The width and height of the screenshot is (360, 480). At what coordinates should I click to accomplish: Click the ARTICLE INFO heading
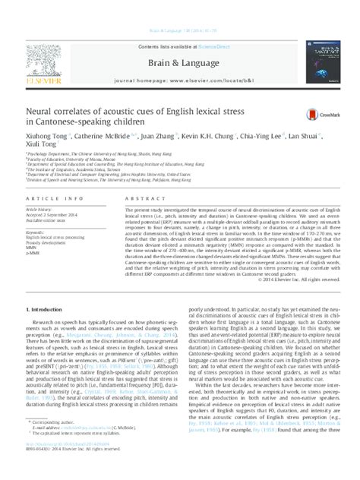click(x=49, y=199)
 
